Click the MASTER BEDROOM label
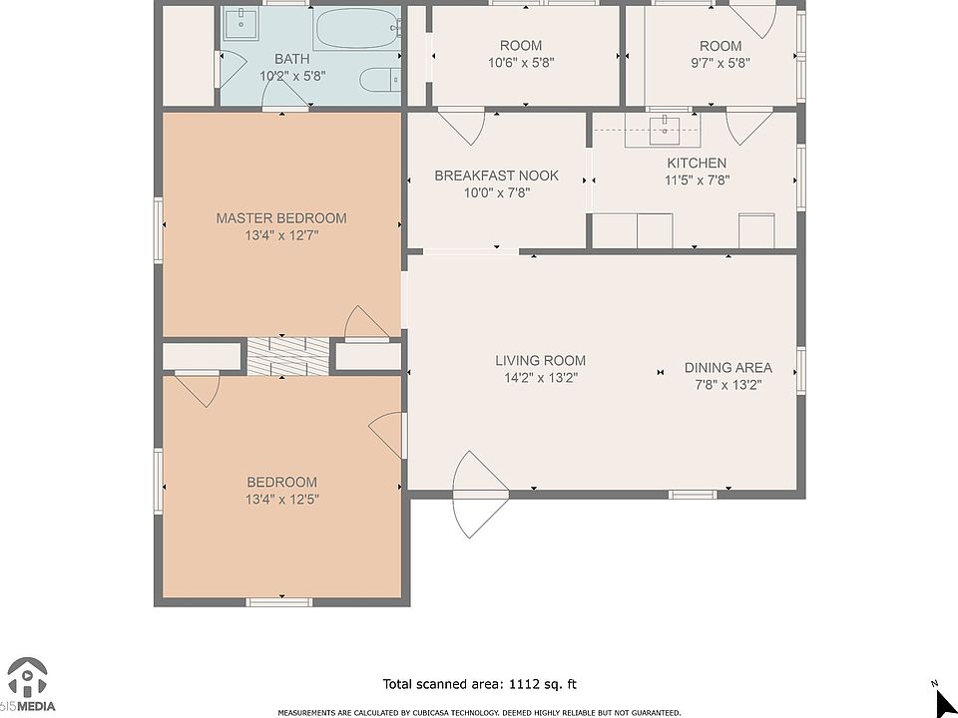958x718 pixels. coord(281,218)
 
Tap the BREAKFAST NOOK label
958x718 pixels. coord(496,176)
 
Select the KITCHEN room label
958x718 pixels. coord(697,163)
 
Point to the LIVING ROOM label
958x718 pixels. coord(540,361)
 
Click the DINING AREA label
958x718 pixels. coord(727,368)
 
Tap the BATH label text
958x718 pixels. coord(292,59)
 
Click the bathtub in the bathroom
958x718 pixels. coord(357,28)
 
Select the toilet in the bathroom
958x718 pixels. coord(380,80)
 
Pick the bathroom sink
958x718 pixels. coord(240,23)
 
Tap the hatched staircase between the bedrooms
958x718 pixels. coord(287,356)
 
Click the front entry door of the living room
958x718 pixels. coord(480,495)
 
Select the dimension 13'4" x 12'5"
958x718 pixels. coord(282,500)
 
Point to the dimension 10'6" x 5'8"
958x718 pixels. coord(521,62)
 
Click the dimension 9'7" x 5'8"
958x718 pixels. coord(720,62)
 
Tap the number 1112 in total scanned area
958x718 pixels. coord(525,684)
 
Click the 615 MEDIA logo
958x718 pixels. coord(28,684)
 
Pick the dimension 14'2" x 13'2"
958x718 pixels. coord(540,378)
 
